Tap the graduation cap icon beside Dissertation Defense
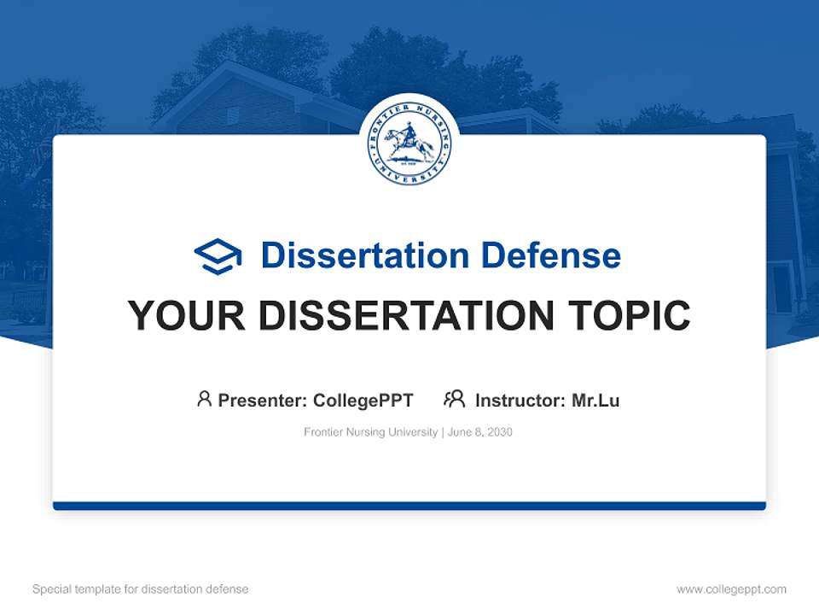point(218,256)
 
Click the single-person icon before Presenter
point(204,399)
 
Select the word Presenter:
point(263,400)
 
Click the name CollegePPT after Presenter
point(363,400)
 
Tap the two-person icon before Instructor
point(454,399)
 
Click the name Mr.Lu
point(595,400)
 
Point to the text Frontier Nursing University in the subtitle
point(371,432)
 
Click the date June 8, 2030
point(479,432)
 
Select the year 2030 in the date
point(499,432)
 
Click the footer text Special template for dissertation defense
point(141,589)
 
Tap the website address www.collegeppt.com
point(731,589)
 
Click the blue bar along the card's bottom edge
point(409,506)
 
